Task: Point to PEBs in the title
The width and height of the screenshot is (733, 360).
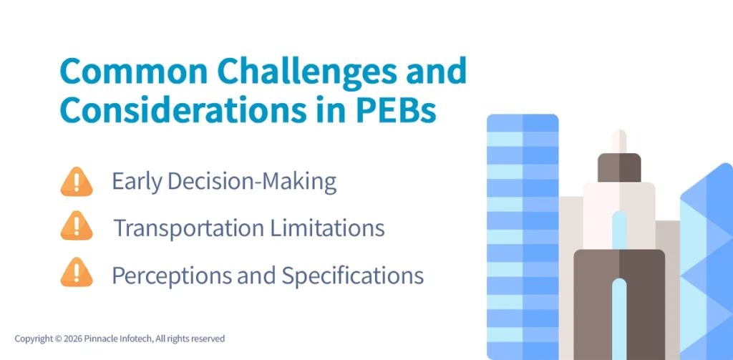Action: pyautogui.click(x=410, y=110)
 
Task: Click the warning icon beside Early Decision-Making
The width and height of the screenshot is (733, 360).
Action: pyautogui.click(x=77, y=182)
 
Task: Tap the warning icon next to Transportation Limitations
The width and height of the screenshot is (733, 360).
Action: pyautogui.click(x=77, y=227)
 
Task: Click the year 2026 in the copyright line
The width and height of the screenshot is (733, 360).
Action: pyautogui.click(x=74, y=339)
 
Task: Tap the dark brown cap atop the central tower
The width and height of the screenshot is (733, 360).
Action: pyautogui.click(x=619, y=167)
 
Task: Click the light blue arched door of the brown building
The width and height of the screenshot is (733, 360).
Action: pyautogui.click(x=619, y=315)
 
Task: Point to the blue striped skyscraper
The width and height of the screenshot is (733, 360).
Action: pyautogui.click(x=522, y=236)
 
